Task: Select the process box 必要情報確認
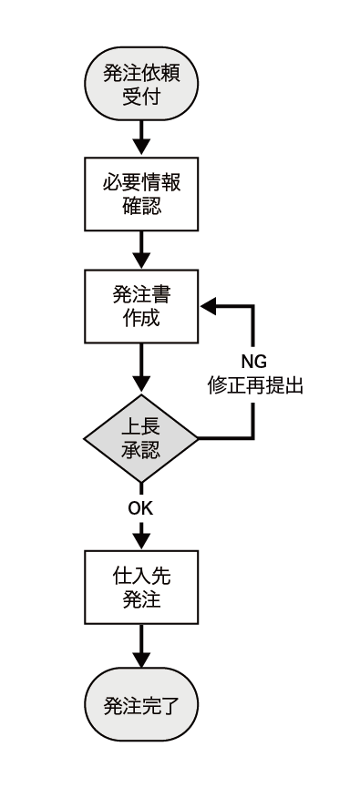pos(140,194)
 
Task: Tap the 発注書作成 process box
pos(140,306)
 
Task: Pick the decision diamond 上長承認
pos(140,438)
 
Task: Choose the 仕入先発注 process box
pos(140,588)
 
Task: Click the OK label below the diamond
pos(140,507)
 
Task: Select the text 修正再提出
pos(255,385)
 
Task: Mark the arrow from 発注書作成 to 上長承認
pos(140,368)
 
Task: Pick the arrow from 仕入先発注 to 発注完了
pos(140,649)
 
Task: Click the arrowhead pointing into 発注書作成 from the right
pos(208,306)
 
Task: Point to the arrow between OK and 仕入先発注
pos(140,535)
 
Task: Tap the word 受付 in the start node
pos(140,96)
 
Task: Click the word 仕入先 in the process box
pos(140,576)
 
